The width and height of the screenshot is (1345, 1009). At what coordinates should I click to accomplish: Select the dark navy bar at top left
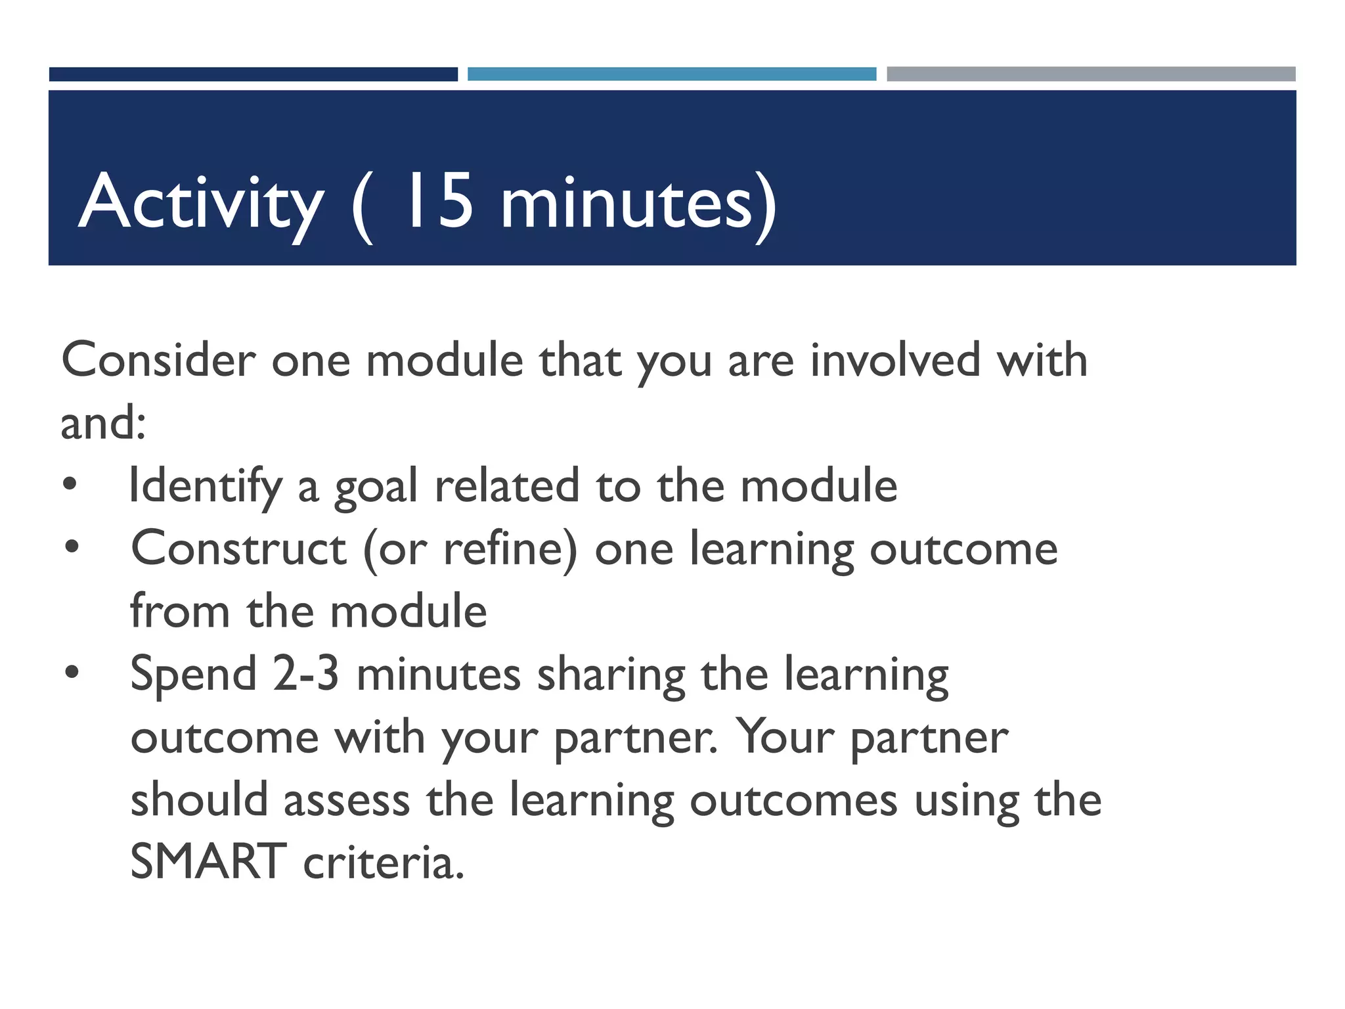tap(253, 74)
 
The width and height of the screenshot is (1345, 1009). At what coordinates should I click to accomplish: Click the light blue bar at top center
tap(671, 74)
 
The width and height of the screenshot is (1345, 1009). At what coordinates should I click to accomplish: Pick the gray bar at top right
tap(1090, 74)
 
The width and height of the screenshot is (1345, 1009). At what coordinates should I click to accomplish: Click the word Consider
tap(158, 361)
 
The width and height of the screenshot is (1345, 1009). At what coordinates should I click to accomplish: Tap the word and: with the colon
tap(103, 423)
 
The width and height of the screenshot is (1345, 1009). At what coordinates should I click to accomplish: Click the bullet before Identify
tap(70, 485)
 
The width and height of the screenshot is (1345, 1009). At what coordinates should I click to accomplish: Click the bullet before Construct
tap(72, 547)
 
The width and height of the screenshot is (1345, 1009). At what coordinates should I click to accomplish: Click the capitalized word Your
tap(784, 737)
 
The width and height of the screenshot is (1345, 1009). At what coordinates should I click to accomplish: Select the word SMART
tap(208, 863)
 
